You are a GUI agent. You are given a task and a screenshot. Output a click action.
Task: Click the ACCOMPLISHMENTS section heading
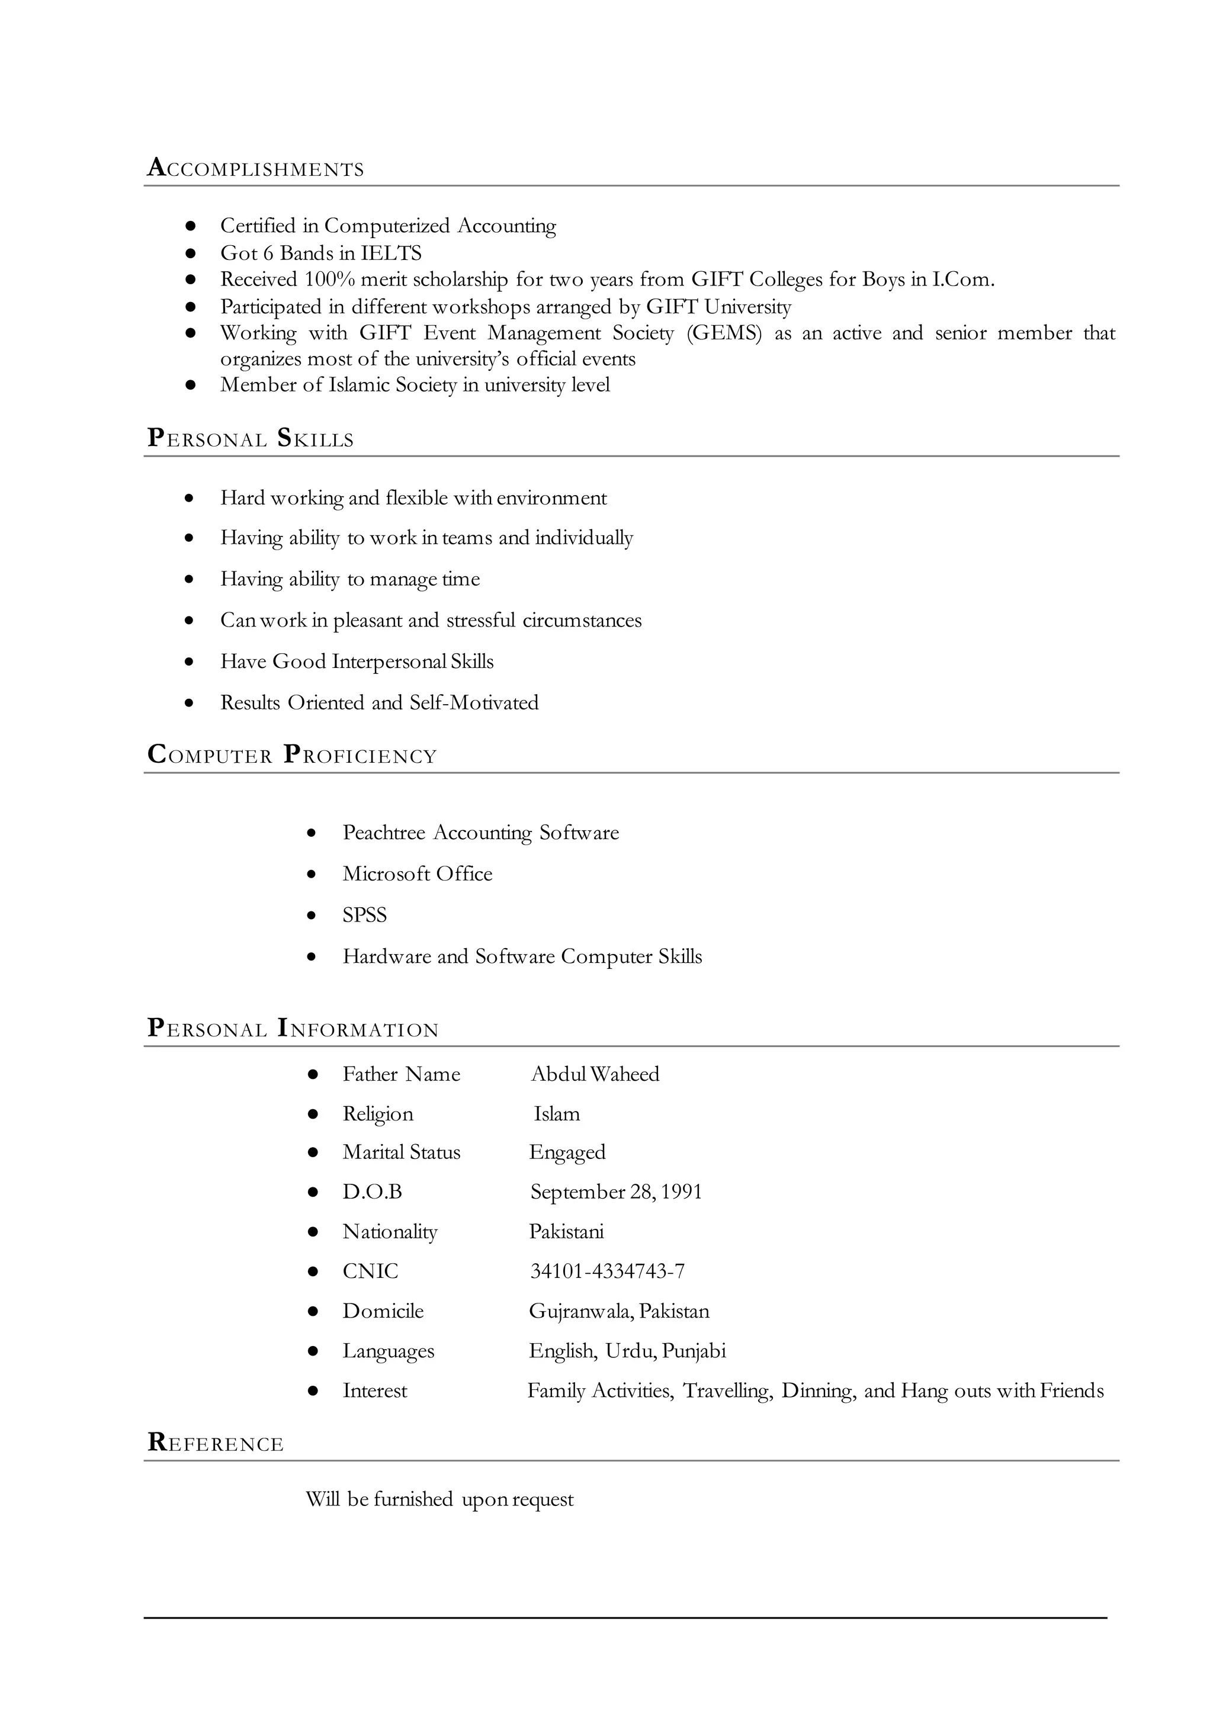255,168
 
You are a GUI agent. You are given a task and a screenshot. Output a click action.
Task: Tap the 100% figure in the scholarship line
329,280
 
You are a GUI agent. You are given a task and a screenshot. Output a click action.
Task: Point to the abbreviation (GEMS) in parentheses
724,333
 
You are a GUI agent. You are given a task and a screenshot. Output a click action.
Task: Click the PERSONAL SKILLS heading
250,438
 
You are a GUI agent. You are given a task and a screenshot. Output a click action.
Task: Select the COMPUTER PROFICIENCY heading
292,755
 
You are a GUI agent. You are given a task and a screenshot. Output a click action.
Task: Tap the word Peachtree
383,833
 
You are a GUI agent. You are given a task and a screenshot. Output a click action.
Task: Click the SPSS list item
364,915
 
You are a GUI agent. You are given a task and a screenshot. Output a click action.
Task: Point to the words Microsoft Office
418,874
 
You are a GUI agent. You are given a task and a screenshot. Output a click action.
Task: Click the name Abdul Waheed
595,1074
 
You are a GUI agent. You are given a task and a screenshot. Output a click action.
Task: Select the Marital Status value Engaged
567,1152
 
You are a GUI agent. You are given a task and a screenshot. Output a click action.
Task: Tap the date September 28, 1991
615,1191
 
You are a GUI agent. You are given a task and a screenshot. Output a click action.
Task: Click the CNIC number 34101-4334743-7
606,1271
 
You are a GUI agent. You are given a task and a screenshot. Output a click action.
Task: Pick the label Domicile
383,1311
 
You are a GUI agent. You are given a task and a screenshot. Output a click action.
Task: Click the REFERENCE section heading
216,1443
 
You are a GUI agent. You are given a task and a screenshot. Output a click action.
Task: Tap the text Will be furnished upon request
439,1499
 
